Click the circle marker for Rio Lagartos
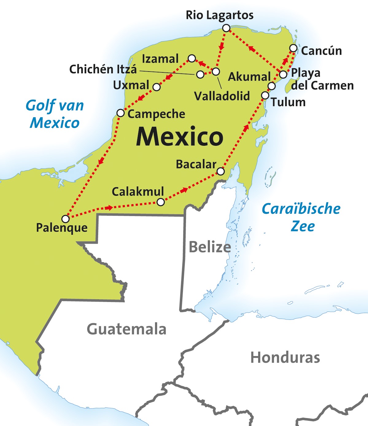(x=226, y=28)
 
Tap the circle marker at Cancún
(x=293, y=48)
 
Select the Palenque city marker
(x=65, y=219)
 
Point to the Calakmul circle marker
(x=161, y=202)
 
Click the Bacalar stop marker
(x=221, y=171)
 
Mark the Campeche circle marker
(x=121, y=113)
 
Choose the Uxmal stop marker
(x=157, y=87)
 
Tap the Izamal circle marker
(x=192, y=58)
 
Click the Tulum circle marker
(x=265, y=95)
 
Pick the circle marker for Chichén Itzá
(x=200, y=74)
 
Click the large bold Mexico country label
(x=180, y=137)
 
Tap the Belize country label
(x=210, y=247)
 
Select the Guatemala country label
(x=126, y=329)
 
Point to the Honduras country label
(x=285, y=358)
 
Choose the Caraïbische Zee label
(x=301, y=217)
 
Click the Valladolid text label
(x=222, y=96)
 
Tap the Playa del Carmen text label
(x=322, y=79)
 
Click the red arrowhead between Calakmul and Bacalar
(x=184, y=190)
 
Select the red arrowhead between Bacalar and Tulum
(x=246, y=127)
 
